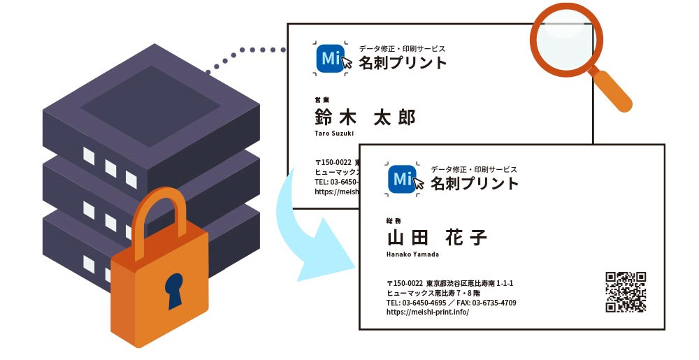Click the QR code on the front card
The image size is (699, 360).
pos(626,291)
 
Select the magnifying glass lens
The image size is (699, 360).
pos(565,39)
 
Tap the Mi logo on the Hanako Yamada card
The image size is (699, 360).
pos(403,180)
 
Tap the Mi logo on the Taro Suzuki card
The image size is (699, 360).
pos(331,59)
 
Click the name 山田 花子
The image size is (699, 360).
pos(436,237)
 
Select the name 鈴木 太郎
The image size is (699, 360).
pos(364,117)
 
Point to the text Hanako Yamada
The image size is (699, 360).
pos(412,254)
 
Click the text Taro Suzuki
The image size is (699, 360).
pos(334,133)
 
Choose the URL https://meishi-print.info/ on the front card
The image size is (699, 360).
pos(427,312)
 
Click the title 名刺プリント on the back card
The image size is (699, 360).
pos(403,63)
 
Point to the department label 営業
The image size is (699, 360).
pos(322,100)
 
